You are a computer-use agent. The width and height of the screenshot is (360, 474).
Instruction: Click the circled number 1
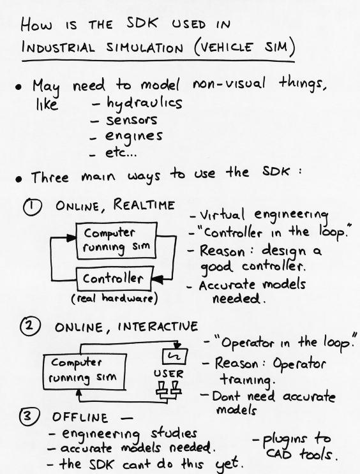(32, 207)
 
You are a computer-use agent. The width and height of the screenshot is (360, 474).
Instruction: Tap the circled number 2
(29, 326)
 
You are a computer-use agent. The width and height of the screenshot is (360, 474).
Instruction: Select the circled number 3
(29, 416)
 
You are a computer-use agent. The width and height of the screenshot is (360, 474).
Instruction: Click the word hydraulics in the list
(144, 103)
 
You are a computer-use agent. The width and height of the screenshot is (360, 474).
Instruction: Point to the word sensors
(131, 120)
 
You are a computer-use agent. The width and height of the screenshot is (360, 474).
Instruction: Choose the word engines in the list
(133, 137)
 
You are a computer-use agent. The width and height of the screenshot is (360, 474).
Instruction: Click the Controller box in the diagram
(114, 278)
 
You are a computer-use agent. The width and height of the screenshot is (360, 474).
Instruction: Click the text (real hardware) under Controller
(115, 299)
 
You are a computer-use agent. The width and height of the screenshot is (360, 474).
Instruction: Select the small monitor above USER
(175, 357)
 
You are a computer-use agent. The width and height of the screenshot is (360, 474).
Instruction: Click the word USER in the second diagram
(169, 374)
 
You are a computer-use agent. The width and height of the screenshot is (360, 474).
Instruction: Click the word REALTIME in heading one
(144, 205)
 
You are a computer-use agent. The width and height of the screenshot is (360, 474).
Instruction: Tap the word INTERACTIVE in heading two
(158, 327)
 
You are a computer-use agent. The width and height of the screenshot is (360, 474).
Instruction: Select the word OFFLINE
(80, 417)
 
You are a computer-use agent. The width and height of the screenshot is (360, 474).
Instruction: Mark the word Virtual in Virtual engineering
(221, 215)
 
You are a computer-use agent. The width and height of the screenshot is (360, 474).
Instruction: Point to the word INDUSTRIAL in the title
(58, 48)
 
